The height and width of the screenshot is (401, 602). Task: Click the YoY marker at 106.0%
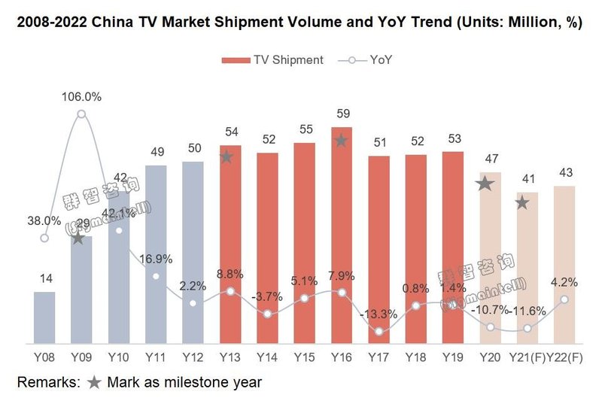tap(81, 114)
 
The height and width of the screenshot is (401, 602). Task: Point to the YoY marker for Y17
tap(379, 331)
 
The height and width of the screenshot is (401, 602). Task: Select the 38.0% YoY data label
tap(43, 220)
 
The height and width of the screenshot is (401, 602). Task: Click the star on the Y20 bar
tap(485, 183)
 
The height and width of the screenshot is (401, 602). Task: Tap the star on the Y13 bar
tap(227, 157)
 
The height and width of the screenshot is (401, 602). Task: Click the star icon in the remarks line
tap(93, 382)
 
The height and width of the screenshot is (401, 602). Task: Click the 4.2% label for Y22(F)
tap(564, 283)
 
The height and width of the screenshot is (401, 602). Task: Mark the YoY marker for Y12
tap(193, 303)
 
